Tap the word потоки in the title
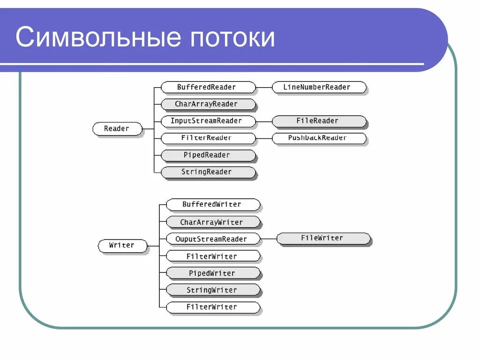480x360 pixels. click(x=232, y=37)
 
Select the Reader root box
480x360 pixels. click(x=117, y=128)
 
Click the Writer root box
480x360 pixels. click(x=122, y=245)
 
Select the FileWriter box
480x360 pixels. click(x=323, y=238)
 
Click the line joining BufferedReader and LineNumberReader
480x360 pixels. click(x=264, y=87)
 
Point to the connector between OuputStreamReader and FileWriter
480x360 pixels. click(x=268, y=239)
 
